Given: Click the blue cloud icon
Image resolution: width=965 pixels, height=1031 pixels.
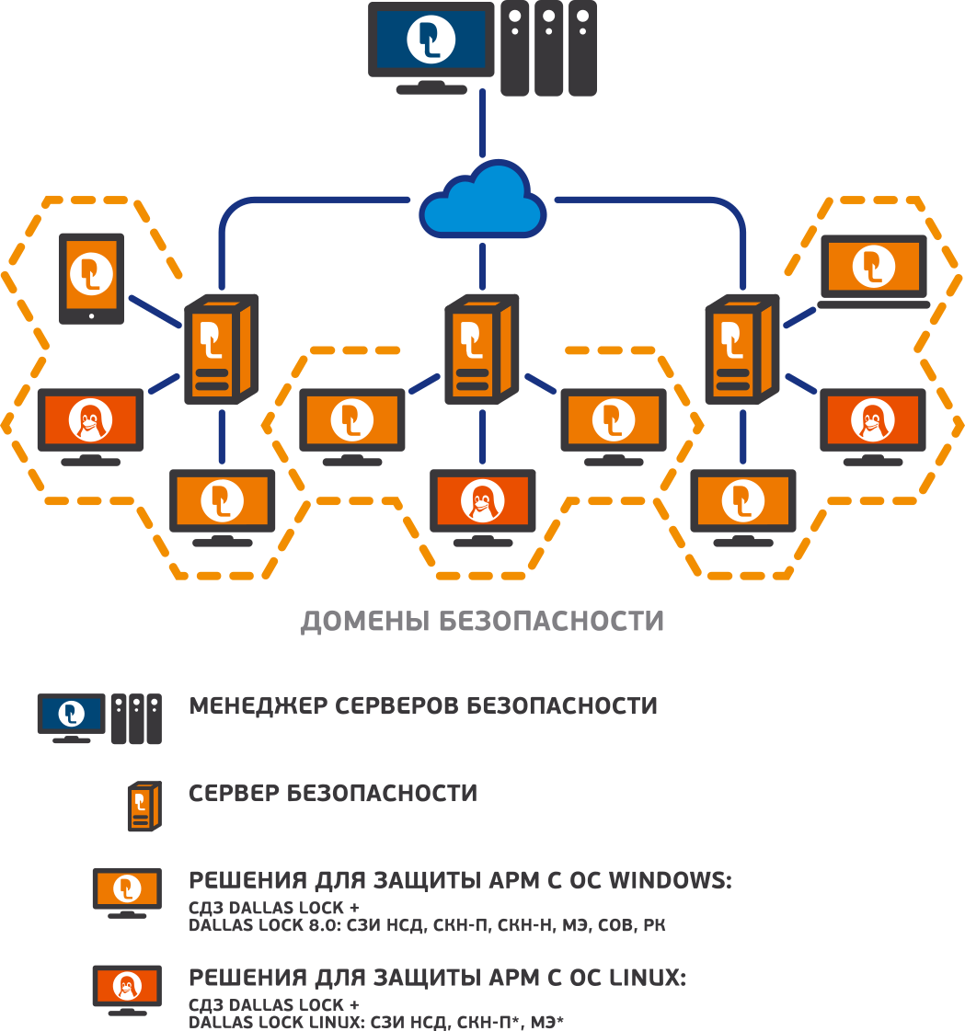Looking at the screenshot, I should point(481,203).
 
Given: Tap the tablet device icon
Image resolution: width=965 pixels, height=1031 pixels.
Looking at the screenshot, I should point(91,277).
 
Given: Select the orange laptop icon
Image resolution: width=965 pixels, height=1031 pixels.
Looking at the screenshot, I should point(873,269).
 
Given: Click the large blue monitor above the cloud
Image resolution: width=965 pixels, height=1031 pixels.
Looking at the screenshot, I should point(429,44).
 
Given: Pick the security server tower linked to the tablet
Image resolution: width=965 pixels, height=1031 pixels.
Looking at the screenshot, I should point(220,349).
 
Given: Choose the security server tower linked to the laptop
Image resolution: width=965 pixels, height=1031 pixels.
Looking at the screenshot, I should point(741,349).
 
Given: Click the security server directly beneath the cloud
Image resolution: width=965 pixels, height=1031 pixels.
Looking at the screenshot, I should point(480,349).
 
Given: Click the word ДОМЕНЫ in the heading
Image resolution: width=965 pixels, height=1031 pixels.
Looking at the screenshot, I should point(364,622).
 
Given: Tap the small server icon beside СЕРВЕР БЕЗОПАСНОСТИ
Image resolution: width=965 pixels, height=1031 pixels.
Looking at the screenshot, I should point(144,806).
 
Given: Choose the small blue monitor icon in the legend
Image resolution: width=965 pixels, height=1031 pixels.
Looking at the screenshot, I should point(71,716).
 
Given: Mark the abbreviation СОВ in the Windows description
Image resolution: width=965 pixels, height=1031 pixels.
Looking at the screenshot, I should point(610,925).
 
